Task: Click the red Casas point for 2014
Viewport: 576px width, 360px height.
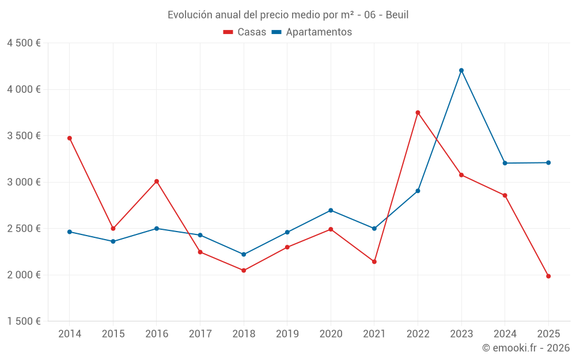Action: point(70,138)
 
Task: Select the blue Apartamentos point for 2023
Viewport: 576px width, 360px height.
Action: point(461,70)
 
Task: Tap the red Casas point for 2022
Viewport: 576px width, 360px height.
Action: point(418,112)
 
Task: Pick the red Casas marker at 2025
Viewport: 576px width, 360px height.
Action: point(548,276)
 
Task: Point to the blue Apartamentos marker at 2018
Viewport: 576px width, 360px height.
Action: point(244,254)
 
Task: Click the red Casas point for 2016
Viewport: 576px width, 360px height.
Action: point(157,181)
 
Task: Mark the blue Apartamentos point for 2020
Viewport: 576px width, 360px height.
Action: point(331,210)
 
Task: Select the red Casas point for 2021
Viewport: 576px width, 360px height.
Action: point(374,262)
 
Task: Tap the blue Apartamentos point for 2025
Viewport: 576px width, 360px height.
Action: point(548,162)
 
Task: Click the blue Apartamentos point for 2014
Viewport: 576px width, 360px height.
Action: point(70,232)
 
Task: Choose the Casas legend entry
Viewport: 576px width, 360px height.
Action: point(245,32)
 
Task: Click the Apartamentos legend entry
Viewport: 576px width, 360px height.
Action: point(312,32)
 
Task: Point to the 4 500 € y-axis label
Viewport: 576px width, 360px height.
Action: point(24,43)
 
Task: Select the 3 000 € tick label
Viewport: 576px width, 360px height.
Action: point(24,182)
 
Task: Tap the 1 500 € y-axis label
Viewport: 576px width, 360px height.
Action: point(24,321)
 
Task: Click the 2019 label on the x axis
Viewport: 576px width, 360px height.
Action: point(287,334)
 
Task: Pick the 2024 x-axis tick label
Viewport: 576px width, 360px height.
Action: point(505,334)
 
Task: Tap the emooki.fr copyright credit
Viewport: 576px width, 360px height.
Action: point(526,348)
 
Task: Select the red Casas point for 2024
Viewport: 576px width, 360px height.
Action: point(505,195)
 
